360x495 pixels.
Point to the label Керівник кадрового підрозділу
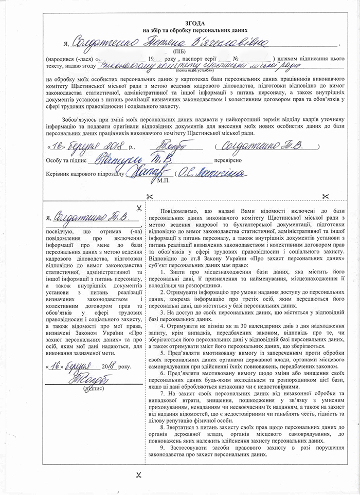tap(85, 174)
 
